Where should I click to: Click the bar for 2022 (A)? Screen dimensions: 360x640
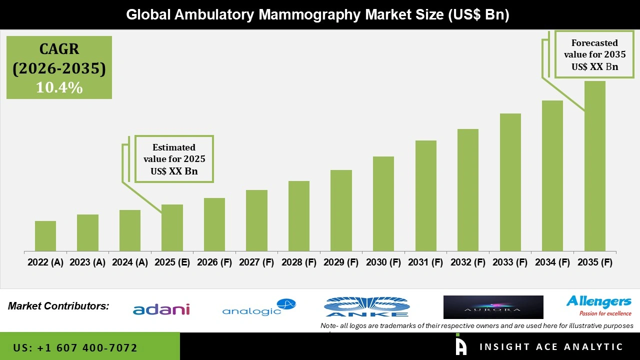45,236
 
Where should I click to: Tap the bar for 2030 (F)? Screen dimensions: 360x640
383,203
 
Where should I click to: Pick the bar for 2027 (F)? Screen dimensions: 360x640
256,220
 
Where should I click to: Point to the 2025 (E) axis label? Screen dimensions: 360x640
172,262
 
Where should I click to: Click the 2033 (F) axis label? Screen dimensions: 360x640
510,262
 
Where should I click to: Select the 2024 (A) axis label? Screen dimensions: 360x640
130,262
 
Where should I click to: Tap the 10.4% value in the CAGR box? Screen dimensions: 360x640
59,87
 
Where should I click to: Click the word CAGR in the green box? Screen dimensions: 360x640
59,49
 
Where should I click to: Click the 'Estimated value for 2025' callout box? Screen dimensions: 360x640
174,159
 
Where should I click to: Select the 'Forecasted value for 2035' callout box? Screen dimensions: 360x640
594,54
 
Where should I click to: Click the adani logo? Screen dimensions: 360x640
161,309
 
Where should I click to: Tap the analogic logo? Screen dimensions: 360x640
258,307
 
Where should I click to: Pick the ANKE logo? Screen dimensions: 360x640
366,307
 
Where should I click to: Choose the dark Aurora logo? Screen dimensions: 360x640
493,307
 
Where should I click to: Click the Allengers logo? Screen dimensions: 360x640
598,305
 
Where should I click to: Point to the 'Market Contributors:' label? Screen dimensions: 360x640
58,305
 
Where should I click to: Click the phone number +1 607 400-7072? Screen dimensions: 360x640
75,347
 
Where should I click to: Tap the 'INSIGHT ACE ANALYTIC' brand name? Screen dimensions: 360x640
551,347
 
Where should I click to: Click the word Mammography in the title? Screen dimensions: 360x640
309,14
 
